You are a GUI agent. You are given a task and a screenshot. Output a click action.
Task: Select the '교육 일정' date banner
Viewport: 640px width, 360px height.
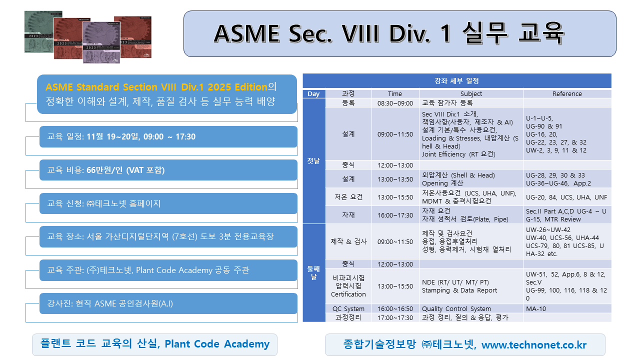(168, 137)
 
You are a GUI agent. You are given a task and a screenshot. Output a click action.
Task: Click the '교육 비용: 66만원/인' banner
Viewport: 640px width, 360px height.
(168, 170)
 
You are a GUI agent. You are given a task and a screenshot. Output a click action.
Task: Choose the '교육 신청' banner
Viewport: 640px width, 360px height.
(168, 203)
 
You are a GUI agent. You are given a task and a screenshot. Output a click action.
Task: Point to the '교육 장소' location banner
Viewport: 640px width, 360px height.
(168, 236)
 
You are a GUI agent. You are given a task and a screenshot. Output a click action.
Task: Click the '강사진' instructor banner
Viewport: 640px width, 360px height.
(168, 303)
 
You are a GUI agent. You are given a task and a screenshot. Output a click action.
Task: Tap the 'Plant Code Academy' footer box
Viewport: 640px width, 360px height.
(154, 344)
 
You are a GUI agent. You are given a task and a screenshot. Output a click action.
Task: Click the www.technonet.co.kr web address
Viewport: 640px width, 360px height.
(533, 345)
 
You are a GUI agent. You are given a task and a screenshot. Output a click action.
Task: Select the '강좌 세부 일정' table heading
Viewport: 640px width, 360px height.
(456, 81)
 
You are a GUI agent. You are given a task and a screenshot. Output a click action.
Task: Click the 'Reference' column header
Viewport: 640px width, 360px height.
(567, 93)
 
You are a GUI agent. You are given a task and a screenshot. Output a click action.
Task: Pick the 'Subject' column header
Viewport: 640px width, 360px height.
(471, 93)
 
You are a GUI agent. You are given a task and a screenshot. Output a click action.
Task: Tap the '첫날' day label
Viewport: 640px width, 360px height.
(313, 161)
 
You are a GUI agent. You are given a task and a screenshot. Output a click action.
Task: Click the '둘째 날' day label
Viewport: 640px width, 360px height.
(313, 272)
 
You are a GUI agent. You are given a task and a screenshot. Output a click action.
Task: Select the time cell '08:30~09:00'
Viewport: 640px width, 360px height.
(394, 103)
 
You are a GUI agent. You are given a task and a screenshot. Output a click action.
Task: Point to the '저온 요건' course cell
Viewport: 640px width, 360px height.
(348, 197)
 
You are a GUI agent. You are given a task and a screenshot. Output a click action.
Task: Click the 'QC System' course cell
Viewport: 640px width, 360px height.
(348, 309)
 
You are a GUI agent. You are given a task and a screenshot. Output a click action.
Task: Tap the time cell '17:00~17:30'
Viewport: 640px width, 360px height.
(394, 317)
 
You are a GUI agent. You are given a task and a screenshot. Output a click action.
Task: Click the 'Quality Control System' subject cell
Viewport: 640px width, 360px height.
(456, 309)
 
